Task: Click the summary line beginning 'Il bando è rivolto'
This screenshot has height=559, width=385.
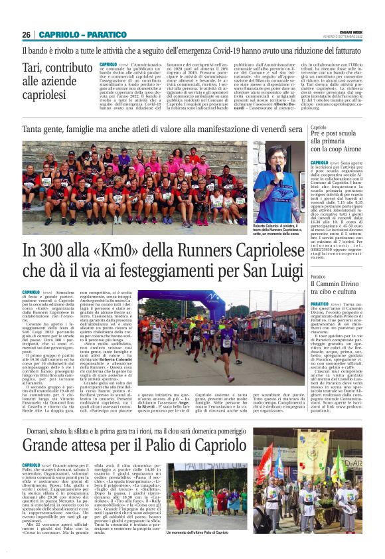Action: (192, 50)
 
